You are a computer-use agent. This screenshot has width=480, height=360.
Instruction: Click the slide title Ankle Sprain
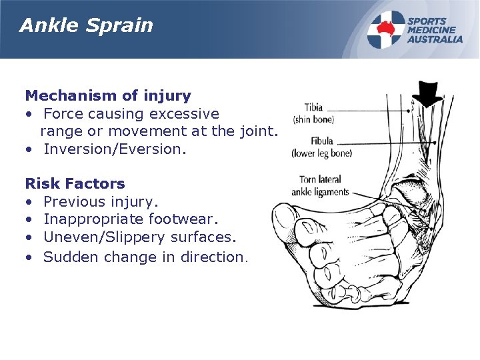86,26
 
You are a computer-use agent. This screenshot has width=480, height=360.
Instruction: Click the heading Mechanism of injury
108,96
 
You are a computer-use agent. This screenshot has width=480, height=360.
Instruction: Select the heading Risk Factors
75,183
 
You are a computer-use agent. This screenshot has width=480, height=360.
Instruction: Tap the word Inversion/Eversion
113,149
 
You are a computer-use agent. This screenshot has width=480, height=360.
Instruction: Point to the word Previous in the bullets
73,201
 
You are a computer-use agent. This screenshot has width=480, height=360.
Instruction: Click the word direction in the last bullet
213,257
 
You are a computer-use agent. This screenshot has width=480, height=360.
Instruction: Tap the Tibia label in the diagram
314,107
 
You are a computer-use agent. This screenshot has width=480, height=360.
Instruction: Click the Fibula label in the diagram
321,141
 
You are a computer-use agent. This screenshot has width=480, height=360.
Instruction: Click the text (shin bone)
313,120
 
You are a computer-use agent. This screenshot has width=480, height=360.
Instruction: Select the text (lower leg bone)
321,153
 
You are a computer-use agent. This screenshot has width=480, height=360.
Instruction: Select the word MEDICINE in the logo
431,30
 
